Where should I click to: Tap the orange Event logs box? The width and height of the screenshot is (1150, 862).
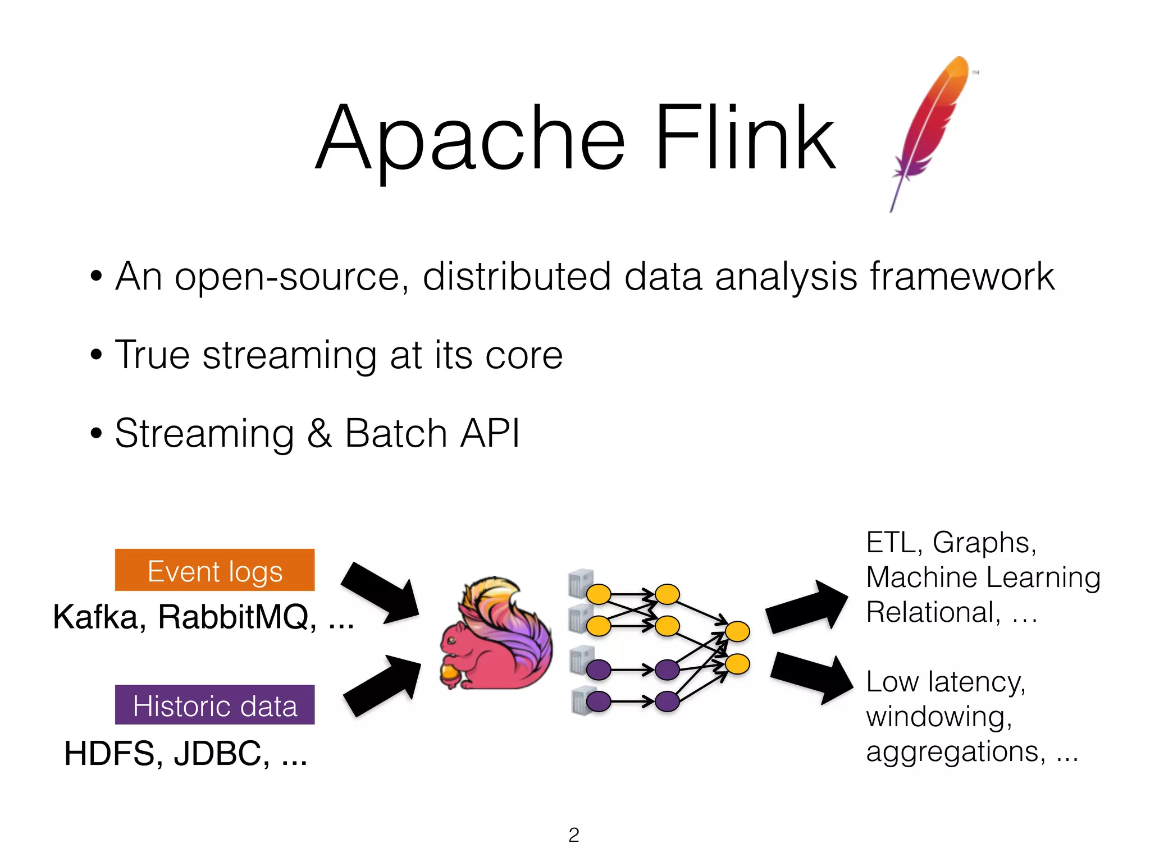point(215,570)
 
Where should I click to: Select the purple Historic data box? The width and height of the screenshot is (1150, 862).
point(215,705)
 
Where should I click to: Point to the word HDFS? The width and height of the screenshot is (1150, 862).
point(109,753)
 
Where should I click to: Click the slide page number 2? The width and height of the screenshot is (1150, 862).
point(573,835)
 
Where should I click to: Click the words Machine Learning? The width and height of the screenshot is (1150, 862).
point(983,577)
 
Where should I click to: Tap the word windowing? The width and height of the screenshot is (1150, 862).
point(938,717)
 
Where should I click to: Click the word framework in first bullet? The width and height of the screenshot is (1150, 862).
point(961,276)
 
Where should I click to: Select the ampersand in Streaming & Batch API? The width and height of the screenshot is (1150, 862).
point(319,433)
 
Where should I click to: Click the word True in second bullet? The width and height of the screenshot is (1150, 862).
point(152,355)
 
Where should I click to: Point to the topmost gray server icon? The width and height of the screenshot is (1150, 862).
point(580,583)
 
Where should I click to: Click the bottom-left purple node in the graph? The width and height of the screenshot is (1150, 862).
point(599,701)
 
